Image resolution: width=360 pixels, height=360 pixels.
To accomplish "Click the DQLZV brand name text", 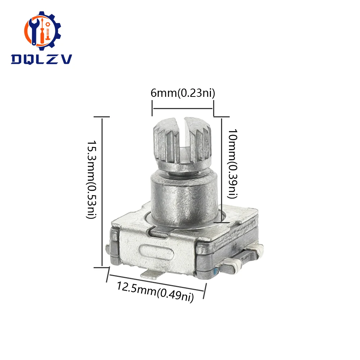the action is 41,59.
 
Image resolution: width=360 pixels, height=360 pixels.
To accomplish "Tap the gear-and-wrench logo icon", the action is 42,31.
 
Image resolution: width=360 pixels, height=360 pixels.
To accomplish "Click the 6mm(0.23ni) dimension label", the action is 183,93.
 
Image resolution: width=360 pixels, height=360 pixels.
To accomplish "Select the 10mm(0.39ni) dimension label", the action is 232,164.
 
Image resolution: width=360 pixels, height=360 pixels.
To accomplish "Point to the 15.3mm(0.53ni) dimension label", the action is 91,180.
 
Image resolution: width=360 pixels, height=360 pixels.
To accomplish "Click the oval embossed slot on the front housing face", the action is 156,252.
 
